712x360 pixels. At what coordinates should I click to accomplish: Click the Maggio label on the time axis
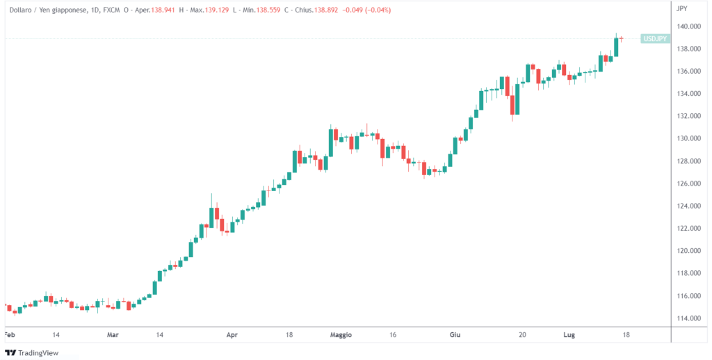click(x=341, y=334)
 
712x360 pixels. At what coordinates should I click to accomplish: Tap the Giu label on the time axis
click(x=455, y=334)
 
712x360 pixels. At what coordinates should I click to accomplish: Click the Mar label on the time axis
click(x=113, y=334)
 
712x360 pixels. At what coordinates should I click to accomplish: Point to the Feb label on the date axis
click(x=10, y=334)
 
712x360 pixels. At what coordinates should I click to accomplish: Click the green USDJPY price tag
click(x=656, y=39)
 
